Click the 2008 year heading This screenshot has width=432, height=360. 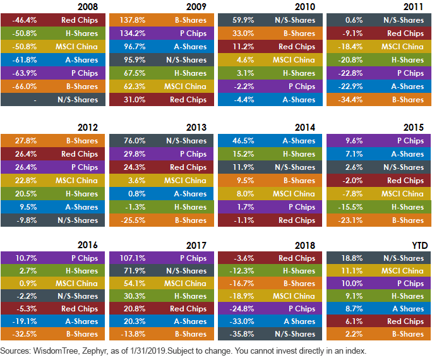[88, 7]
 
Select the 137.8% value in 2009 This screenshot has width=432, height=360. [133, 20]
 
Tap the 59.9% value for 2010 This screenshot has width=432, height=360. [243, 20]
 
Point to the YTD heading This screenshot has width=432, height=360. [419, 246]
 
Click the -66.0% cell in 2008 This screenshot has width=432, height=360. [25, 87]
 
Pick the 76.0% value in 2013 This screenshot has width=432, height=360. [135, 141]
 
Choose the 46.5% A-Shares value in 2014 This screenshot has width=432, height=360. [243, 141]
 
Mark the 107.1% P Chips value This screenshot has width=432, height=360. [133, 258]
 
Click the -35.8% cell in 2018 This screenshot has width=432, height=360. [242, 334]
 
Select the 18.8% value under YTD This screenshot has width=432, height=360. [352, 258]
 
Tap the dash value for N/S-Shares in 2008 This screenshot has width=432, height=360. [35, 100]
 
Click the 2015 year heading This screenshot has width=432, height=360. [414, 128]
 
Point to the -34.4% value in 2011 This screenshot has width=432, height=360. [351, 100]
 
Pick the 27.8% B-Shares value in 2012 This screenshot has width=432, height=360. [26, 141]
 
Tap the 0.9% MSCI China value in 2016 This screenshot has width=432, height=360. [28, 284]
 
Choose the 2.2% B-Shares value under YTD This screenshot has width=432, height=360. [354, 334]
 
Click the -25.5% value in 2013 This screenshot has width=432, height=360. [133, 220]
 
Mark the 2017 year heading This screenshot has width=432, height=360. [196, 246]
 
